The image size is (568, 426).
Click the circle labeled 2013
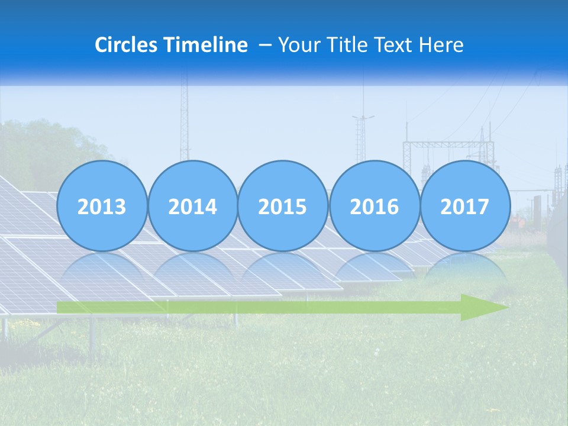(x=102, y=206)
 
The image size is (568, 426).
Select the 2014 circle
(x=192, y=206)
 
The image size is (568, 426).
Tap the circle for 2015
(x=283, y=206)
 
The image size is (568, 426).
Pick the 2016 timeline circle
(x=374, y=206)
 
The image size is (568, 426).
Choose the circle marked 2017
(x=464, y=206)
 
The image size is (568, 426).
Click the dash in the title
(x=264, y=46)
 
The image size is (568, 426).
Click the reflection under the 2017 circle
(x=464, y=272)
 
